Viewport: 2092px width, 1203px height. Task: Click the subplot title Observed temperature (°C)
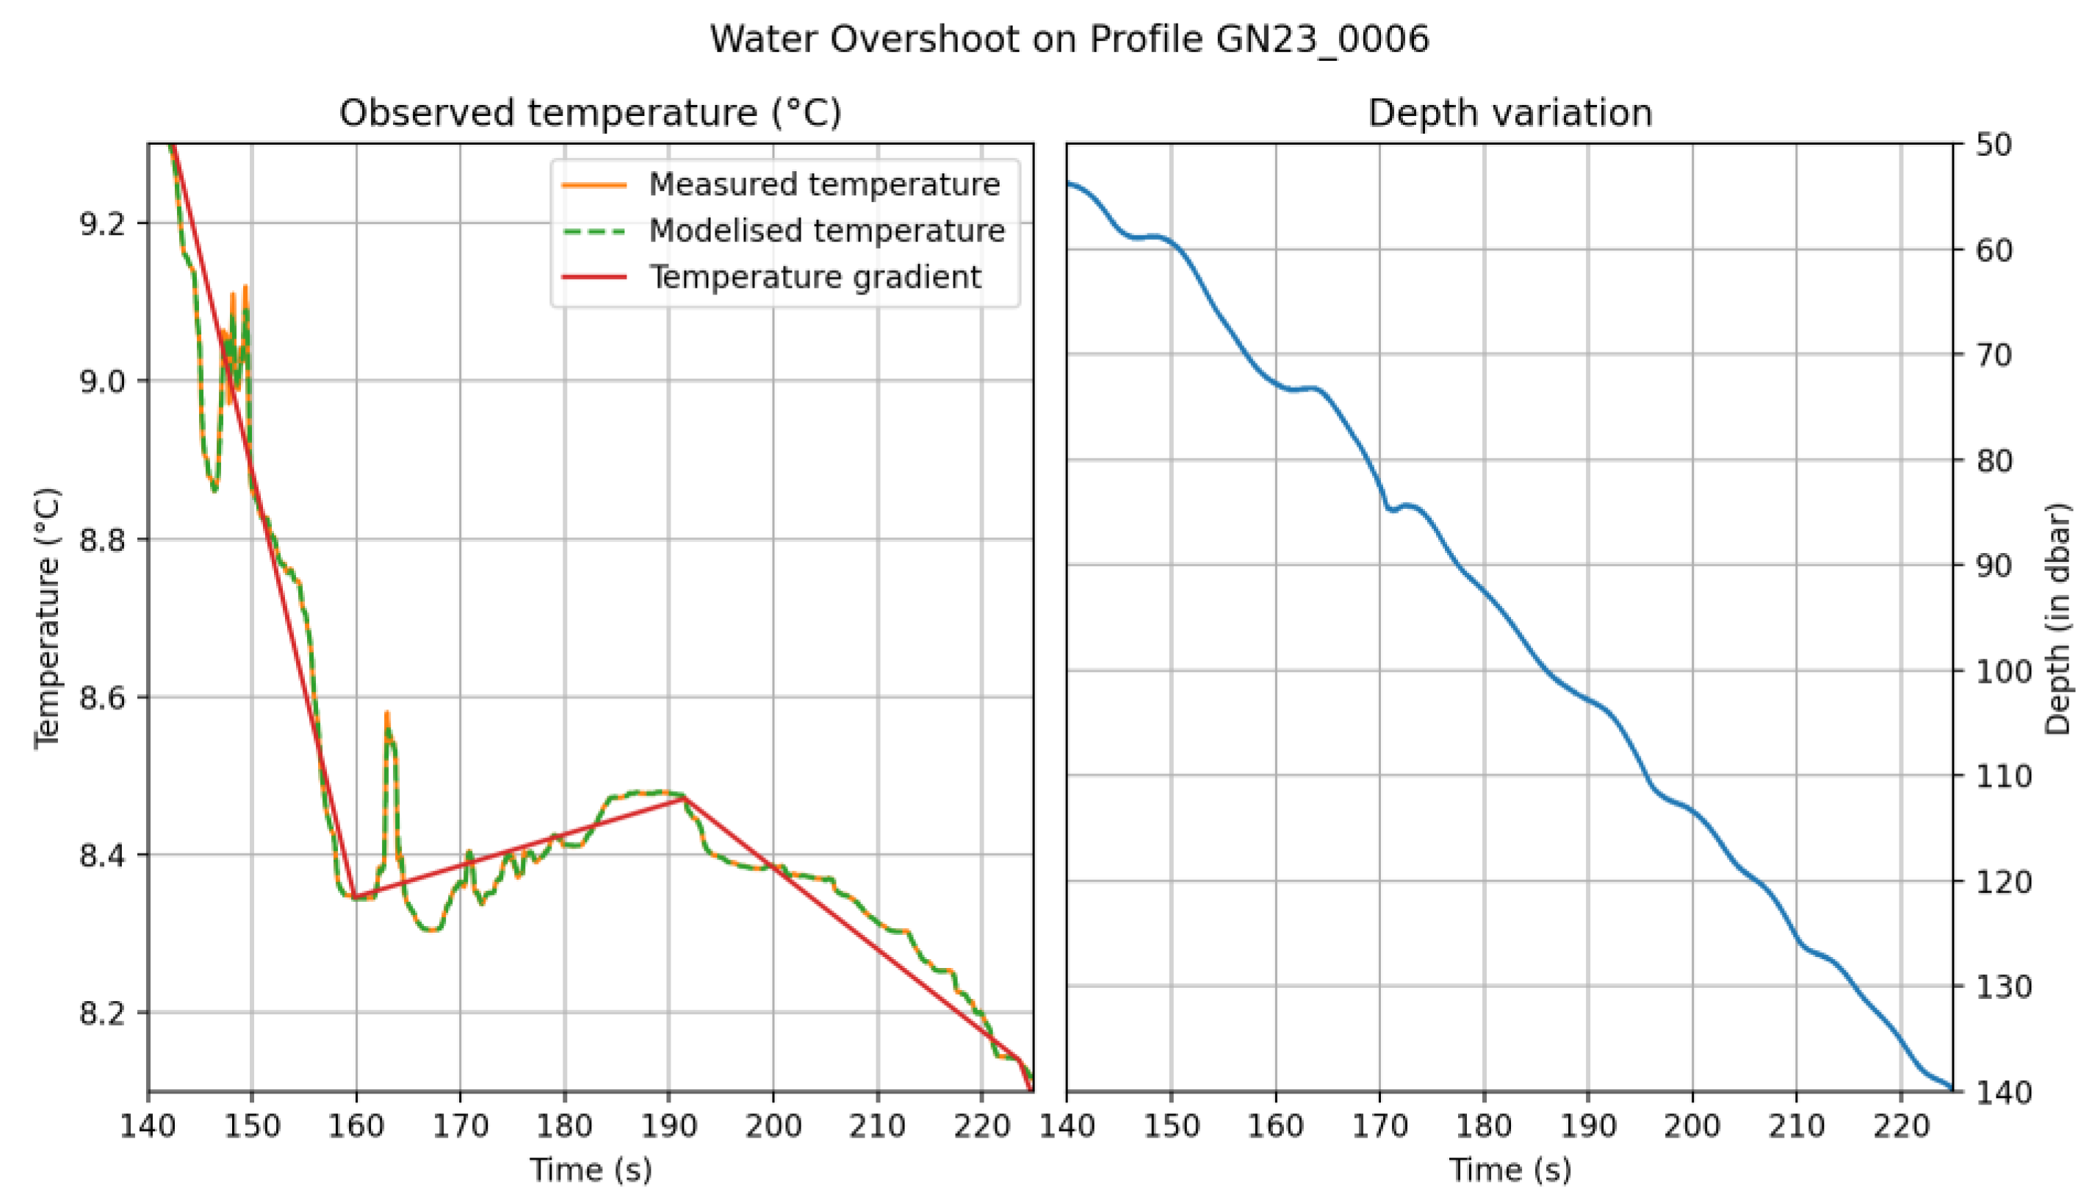(590, 112)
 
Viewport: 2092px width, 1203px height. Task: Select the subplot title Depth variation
(1510, 112)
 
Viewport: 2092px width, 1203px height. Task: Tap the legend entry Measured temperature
(823, 184)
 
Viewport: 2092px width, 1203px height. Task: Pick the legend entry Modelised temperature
(826, 231)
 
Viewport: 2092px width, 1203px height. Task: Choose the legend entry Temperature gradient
(815, 277)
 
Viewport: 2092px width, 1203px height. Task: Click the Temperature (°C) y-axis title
(47, 618)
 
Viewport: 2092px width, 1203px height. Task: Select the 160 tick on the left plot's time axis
(356, 1125)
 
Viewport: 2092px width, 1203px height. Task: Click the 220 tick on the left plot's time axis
(981, 1125)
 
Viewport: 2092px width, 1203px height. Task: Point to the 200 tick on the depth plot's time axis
(1692, 1125)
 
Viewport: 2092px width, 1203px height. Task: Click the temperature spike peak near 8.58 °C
(386, 712)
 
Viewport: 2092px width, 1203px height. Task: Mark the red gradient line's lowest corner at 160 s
(356, 897)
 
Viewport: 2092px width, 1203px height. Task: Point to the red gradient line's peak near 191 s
(684, 798)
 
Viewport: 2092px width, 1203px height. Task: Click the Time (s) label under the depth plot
(1510, 1170)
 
